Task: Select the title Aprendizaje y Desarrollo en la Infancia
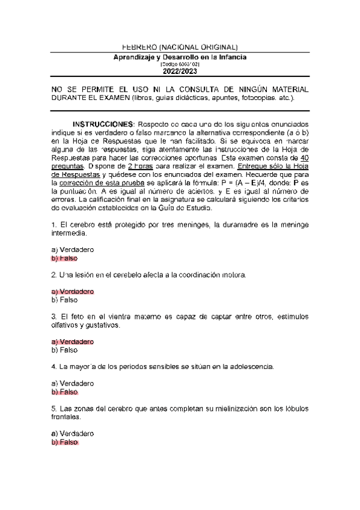tap(180, 57)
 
